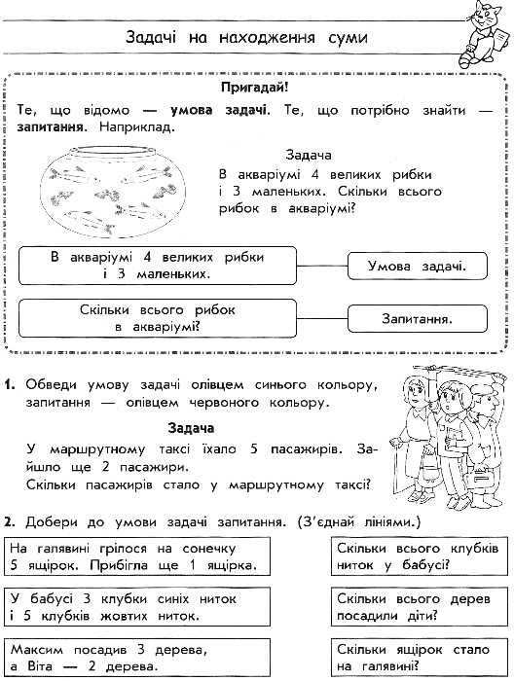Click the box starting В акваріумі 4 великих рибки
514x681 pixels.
coord(159,265)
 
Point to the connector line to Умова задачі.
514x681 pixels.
coord(323,264)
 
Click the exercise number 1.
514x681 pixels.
coord(10,383)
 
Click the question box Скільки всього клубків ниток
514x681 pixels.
coord(417,556)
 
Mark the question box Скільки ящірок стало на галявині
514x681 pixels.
coord(417,657)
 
